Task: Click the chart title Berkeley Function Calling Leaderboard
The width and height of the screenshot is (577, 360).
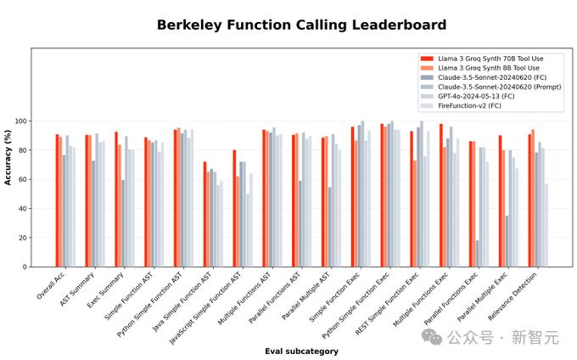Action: (x=288, y=25)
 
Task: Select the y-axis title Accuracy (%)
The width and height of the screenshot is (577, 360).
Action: (x=8, y=157)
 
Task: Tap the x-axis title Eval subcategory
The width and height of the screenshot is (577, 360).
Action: (x=301, y=351)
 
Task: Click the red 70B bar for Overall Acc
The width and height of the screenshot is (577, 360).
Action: (x=57, y=200)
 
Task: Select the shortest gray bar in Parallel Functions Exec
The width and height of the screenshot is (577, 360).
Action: (x=477, y=253)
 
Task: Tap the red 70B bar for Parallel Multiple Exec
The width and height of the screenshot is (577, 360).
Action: (x=500, y=201)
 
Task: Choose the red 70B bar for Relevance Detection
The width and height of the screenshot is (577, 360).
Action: (x=529, y=200)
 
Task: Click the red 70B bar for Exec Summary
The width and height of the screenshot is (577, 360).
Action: (x=116, y=199)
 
